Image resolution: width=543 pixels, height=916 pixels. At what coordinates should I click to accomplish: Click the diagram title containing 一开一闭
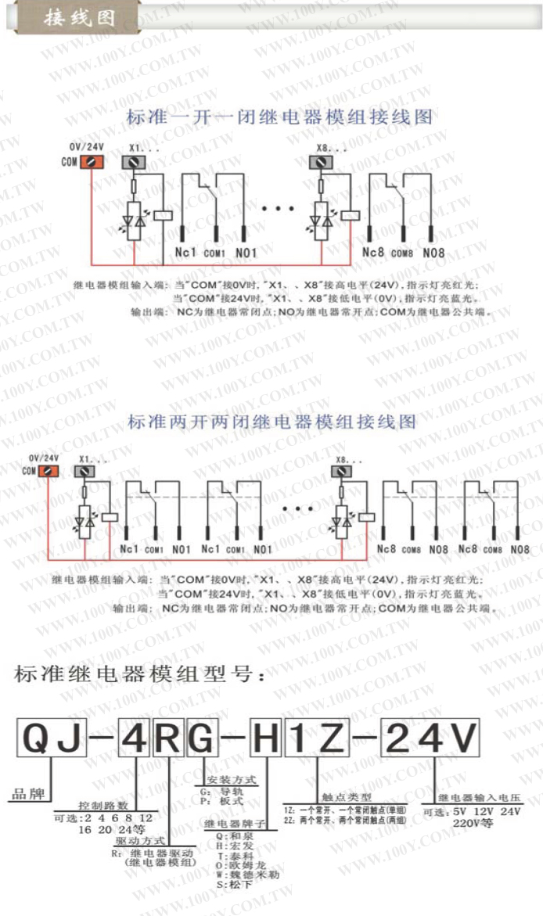[279, 118]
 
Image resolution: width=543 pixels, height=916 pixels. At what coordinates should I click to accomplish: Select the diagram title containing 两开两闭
[271, 422]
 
